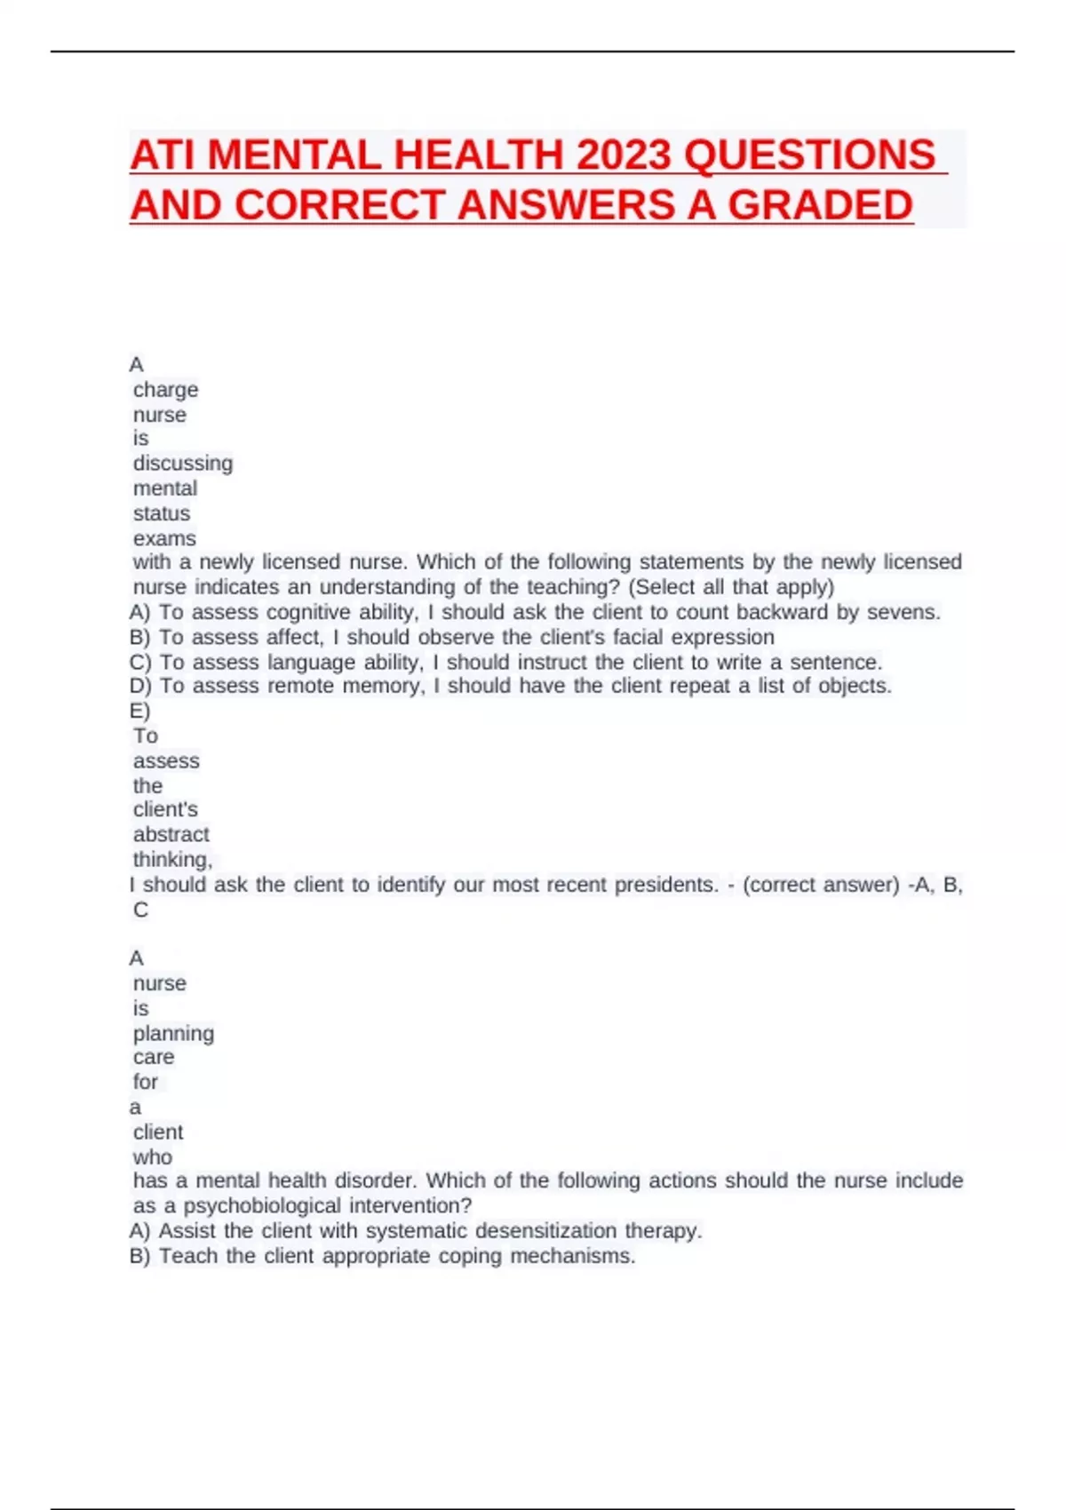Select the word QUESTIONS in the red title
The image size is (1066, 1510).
810,155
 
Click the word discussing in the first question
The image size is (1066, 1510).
183,464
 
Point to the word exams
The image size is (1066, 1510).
164,538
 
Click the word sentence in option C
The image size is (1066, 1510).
834,662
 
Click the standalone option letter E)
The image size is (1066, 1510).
140,711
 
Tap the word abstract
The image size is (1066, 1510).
171,834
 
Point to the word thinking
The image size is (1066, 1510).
172,859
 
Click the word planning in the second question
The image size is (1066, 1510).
173,1033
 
